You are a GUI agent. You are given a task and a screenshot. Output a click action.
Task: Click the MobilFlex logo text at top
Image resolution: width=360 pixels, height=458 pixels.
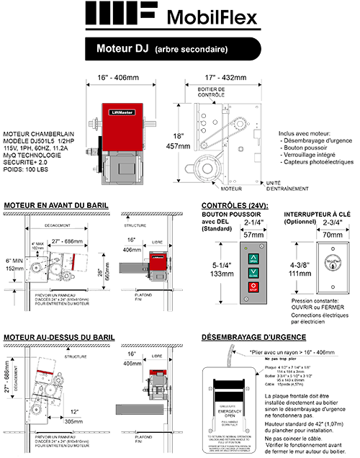click(x=219, y=17)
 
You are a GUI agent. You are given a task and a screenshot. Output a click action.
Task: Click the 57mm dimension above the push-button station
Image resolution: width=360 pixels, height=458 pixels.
click(x=253, y=234)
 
